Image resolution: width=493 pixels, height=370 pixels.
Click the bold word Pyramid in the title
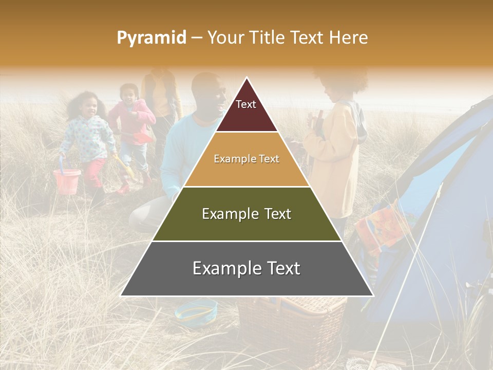click(151, 38)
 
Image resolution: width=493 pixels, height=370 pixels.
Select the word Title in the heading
click(267, 38)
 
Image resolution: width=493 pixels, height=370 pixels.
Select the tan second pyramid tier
click(246, 159)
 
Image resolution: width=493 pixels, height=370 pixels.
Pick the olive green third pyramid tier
click(246, 214)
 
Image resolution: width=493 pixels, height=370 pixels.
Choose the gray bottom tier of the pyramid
click(246, 269)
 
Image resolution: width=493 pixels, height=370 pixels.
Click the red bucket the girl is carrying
click(67, 181)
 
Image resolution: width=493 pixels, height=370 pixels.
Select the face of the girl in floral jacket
click(89, 107)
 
